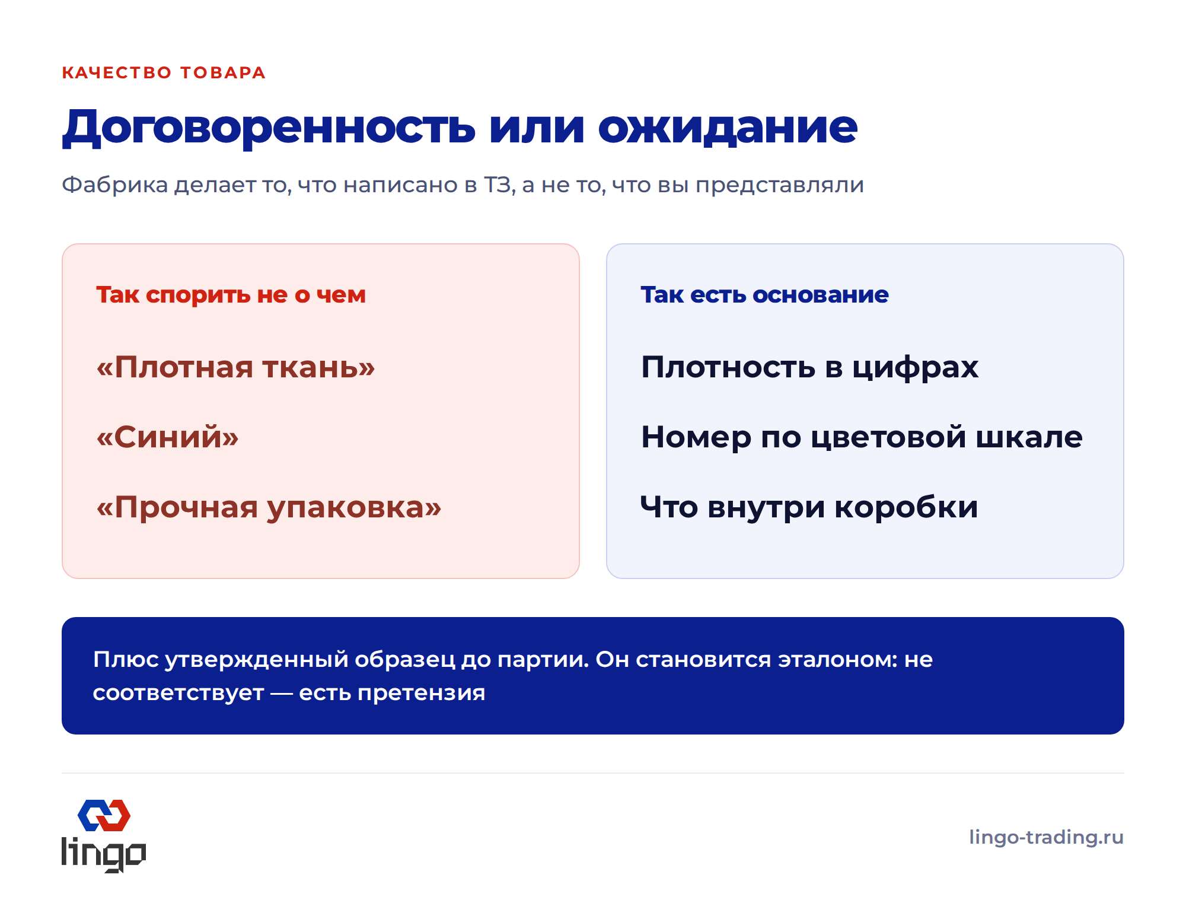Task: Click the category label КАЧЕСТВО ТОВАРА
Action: [164, 72]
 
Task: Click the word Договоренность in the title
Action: [269, 127]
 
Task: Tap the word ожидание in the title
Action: [728, 127]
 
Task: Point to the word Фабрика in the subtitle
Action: [115, 185]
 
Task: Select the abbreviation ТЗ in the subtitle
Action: [497, 185]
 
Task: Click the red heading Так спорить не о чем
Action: [231, 295]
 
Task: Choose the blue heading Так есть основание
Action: [765, 295]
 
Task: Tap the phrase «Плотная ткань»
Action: [236, 367]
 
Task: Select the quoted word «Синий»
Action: [168, 437]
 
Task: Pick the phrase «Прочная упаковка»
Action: [269, 508]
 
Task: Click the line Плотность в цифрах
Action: [810, 367]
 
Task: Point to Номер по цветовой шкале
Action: [862, 437]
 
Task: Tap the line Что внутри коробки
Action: [809, 507]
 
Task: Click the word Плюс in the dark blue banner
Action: [126, 660]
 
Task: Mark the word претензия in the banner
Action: [422, 693]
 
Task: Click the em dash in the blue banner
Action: [282, 693]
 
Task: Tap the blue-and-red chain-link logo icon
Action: [104, 816]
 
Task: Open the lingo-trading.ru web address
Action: [1047, 837]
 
